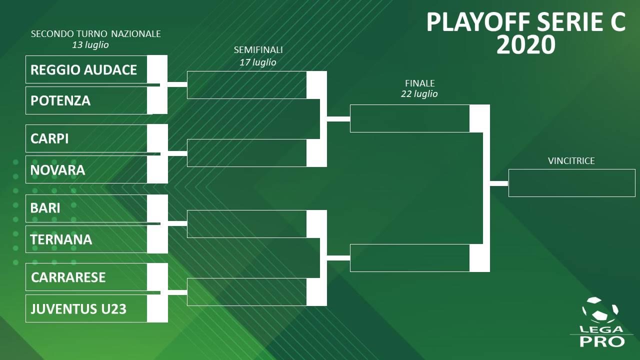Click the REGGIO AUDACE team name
83,69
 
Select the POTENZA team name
60,100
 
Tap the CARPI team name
49,138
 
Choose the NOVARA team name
57,170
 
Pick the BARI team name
45,208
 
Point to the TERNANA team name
61,239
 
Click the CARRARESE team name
68,277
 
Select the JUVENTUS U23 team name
78,308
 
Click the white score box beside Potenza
157,100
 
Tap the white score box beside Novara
157,170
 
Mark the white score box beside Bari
157,208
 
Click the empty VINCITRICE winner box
571,183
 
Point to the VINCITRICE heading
571,161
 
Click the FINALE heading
419,83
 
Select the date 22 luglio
419,94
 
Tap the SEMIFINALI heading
258,50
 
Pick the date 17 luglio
258,62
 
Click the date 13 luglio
90,45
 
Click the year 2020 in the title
525,45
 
